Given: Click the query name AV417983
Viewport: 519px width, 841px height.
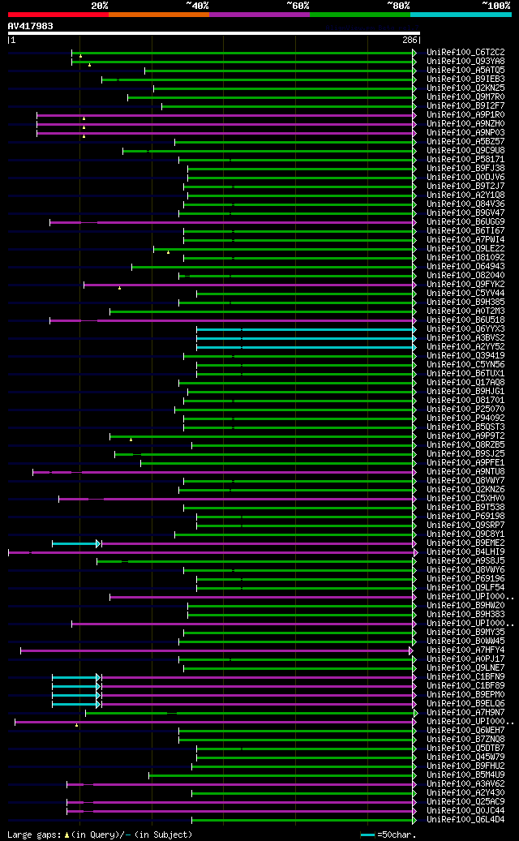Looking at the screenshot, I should [31, 26].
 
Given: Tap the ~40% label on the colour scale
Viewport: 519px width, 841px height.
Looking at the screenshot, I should [197, 6].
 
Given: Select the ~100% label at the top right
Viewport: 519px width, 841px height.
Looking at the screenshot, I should [496, 6].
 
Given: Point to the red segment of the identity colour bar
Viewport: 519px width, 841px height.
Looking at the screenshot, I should [58, 15].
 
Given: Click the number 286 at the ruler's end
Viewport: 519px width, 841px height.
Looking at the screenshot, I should [410, 40].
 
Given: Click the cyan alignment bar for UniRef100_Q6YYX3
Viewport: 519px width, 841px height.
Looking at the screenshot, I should [304, 329].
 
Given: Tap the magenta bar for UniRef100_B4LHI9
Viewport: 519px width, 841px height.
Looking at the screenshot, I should [211, 552].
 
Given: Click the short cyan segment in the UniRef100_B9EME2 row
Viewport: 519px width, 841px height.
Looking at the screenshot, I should [75, 543].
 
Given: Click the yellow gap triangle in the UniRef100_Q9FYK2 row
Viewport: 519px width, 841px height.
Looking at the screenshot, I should [119, 287].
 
